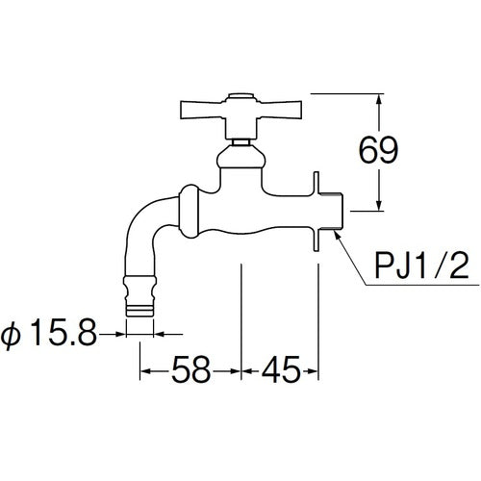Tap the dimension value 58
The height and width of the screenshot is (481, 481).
pyautogui.click(x=190, y=367)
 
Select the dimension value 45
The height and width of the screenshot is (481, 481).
pyautogui.click(x=279, y=367)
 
